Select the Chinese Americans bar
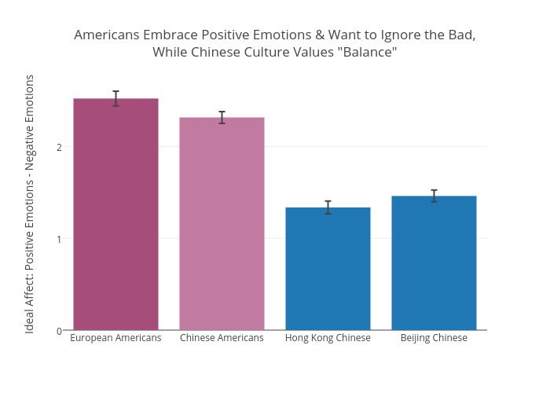pyautogui.click(x=222, y=223)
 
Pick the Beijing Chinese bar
pyautogui.click(x=434, y=263)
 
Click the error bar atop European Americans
pyautogui.click(x=115, y=98)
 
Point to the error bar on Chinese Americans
pyautogui.click(x=222, y=117)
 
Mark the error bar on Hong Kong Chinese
pyautogui.click(x=328, y=208)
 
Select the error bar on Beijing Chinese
pyautogui.click(x=434, y=196)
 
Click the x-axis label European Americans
pyautogui.click(x=115, y=338)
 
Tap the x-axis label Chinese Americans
pyautogui.click(x=222, y=338)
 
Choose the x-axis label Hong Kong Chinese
pyautogui.click(x=328, y=338)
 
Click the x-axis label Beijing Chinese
pyautogui.click(x=434, y=338)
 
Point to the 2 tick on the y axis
pyautogui.click(x=59, y=147)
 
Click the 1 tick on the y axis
pyautogui.click(x=59, y=239)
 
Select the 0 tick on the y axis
pyautogui.click(x=59, y=331)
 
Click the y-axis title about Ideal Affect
pyautogui.click(x=30, y=204)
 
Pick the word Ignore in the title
pyautogui.click(x=376, y=35)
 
